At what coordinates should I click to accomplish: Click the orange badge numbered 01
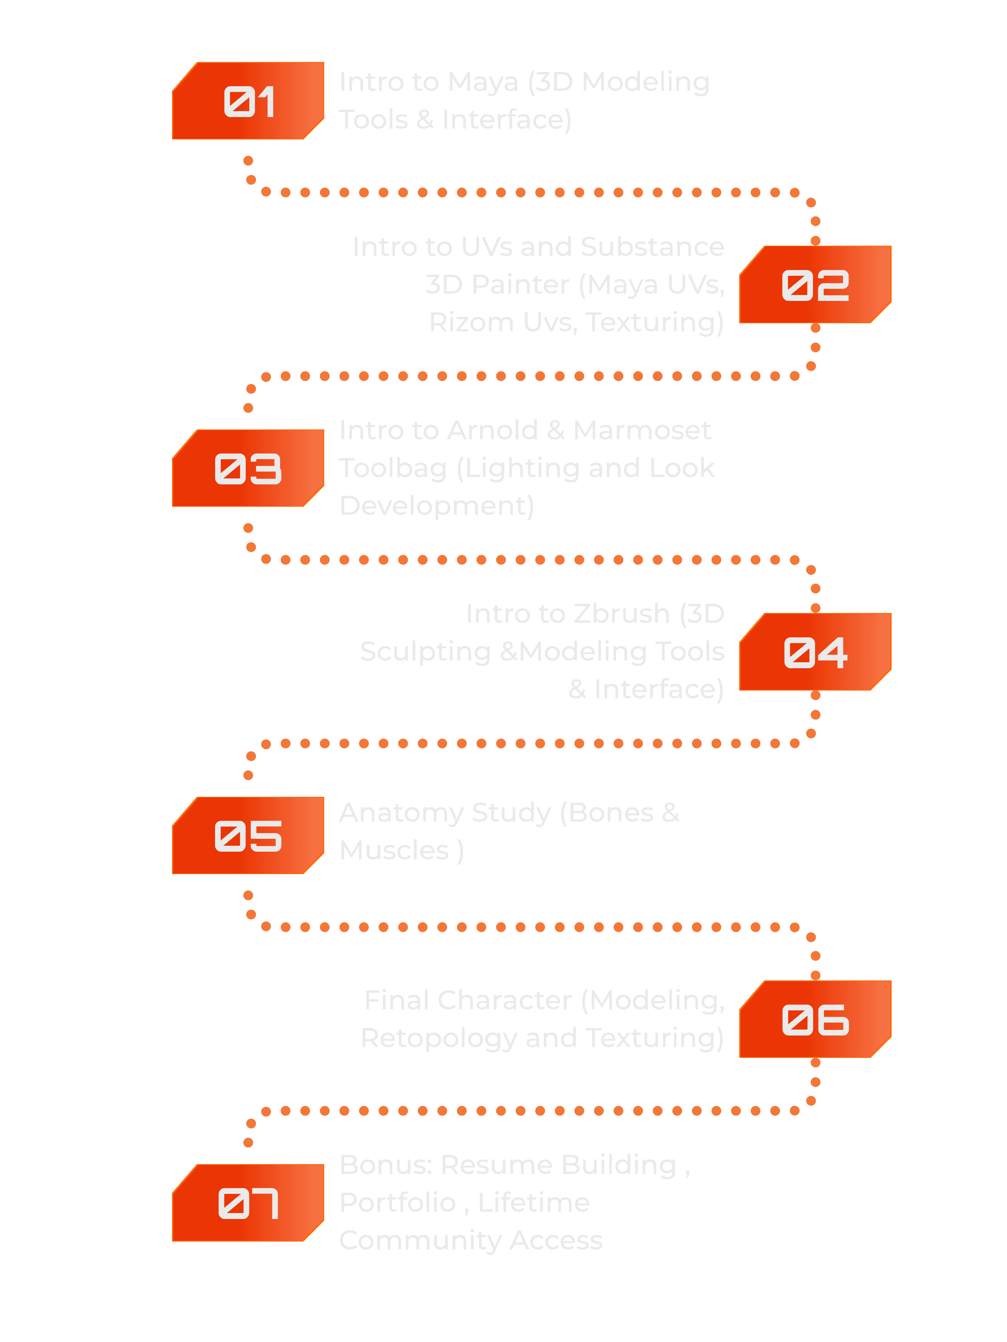248,101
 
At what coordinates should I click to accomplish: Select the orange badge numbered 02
815,285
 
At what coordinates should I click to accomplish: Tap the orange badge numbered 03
248,468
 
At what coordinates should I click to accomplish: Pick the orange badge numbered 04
815,652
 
